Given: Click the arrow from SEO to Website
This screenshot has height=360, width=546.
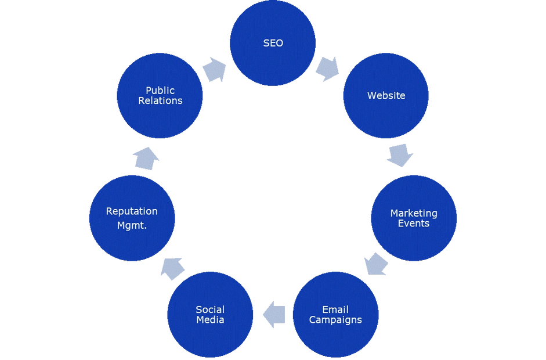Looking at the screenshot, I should pos(327,69).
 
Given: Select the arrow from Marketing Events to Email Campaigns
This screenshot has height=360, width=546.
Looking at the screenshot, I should pos(377,264).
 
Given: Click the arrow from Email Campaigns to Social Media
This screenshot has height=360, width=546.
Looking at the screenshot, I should pos(273,314).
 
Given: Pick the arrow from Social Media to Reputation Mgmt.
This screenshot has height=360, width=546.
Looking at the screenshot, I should pos(172,268).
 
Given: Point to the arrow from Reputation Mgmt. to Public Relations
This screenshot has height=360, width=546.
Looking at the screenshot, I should pos(146,158).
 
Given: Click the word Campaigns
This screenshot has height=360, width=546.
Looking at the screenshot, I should pos(335,321).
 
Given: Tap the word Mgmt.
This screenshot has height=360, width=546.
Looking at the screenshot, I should pos(132,226).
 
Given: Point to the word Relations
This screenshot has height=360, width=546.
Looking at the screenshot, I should pos(160,101).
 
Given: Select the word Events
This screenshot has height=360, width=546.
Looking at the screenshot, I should pos(414,224).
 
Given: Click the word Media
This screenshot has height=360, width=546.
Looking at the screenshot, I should pos(210,320).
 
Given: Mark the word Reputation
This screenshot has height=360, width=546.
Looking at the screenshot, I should pos(132,211).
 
